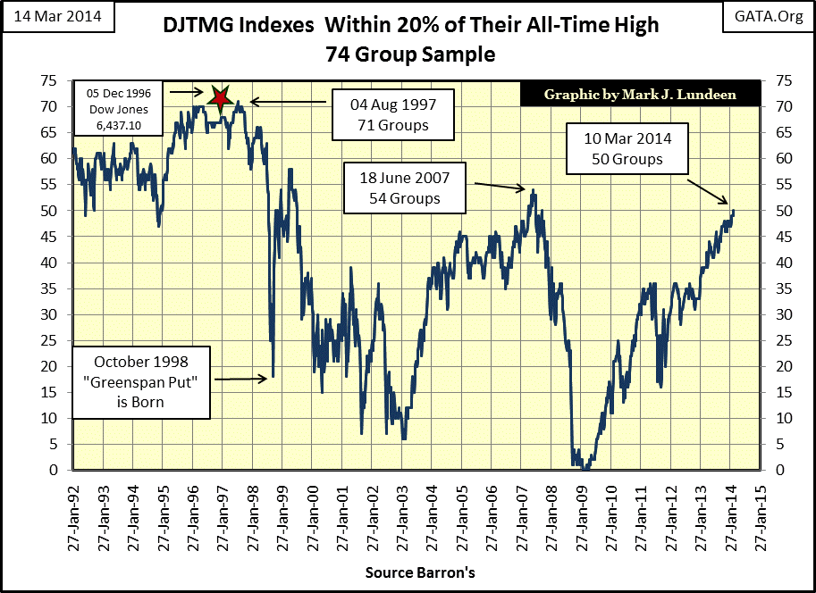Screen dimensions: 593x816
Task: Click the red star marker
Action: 220,96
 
